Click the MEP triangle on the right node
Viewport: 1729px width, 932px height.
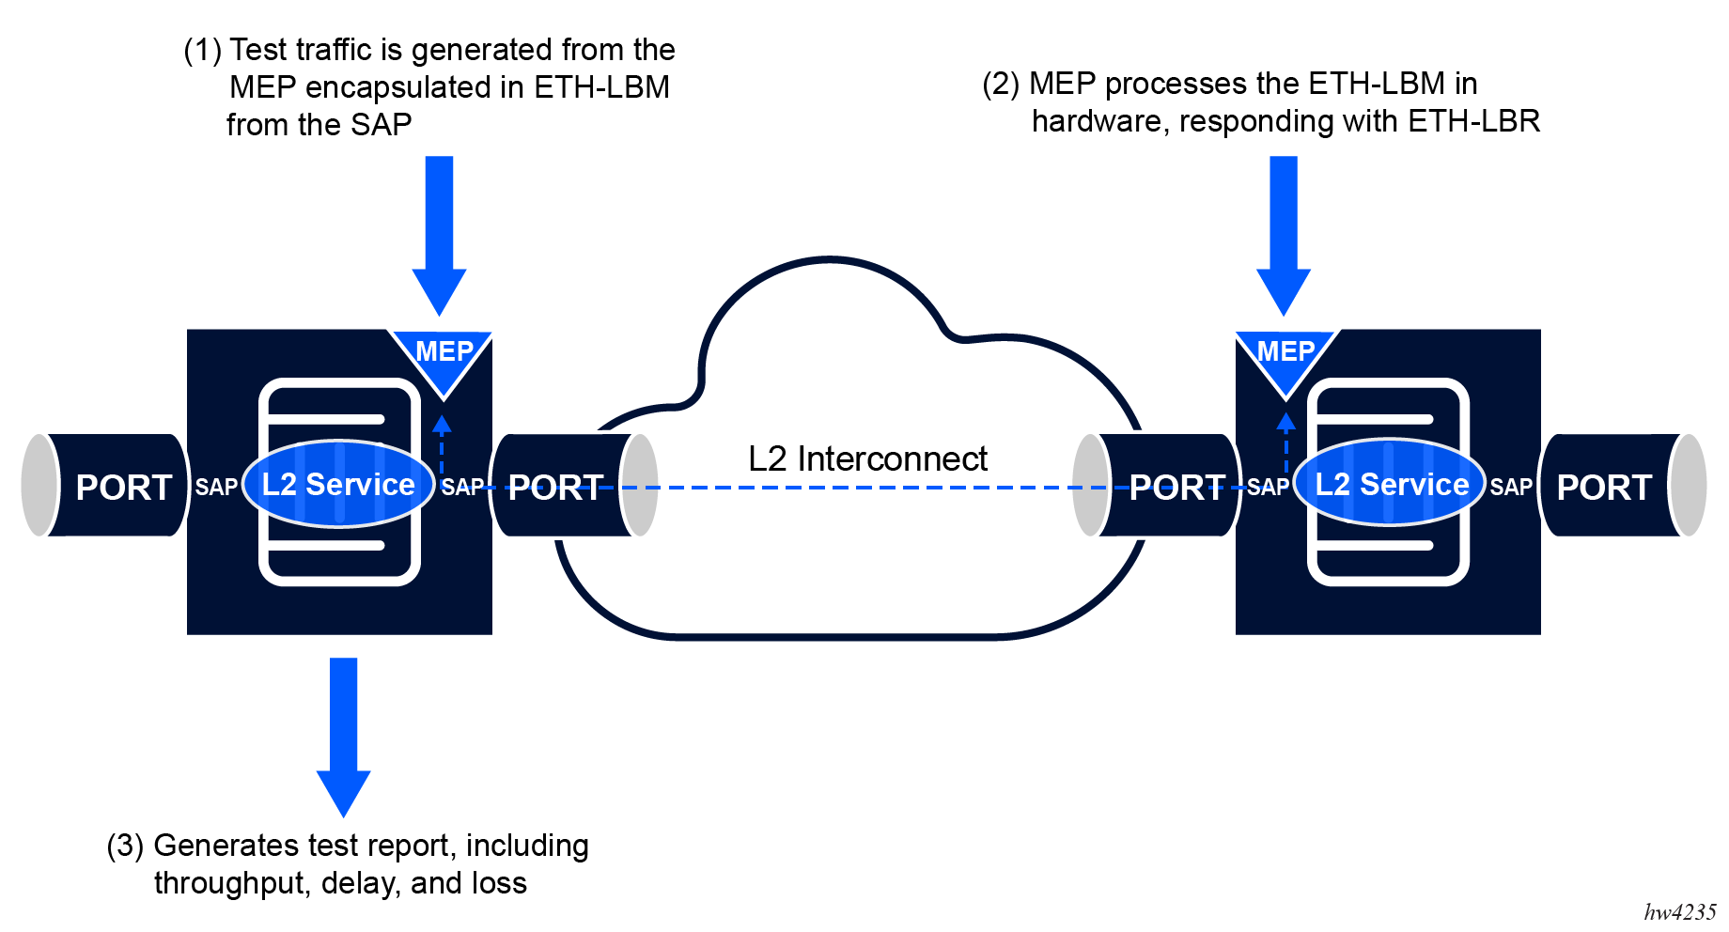(x=1285, y=358)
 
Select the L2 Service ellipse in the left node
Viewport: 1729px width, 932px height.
(x=338, y=484)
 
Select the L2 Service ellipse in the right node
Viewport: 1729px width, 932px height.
(x=1391, y=484)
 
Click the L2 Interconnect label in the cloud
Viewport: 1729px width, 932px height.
(x=867, y=458)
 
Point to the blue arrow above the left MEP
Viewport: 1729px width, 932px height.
(x=439, y=235)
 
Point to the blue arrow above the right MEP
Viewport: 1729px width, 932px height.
(x=1284, y=235)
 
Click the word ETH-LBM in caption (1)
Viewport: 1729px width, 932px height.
(x=601, y=87)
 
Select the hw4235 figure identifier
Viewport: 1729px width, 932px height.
(x=1679, y=912)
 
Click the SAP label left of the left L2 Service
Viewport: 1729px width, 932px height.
(x=216, y=487)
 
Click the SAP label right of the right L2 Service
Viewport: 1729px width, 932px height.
(x=1511, y=487)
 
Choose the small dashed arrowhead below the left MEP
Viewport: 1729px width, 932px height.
(x=442, y=423)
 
